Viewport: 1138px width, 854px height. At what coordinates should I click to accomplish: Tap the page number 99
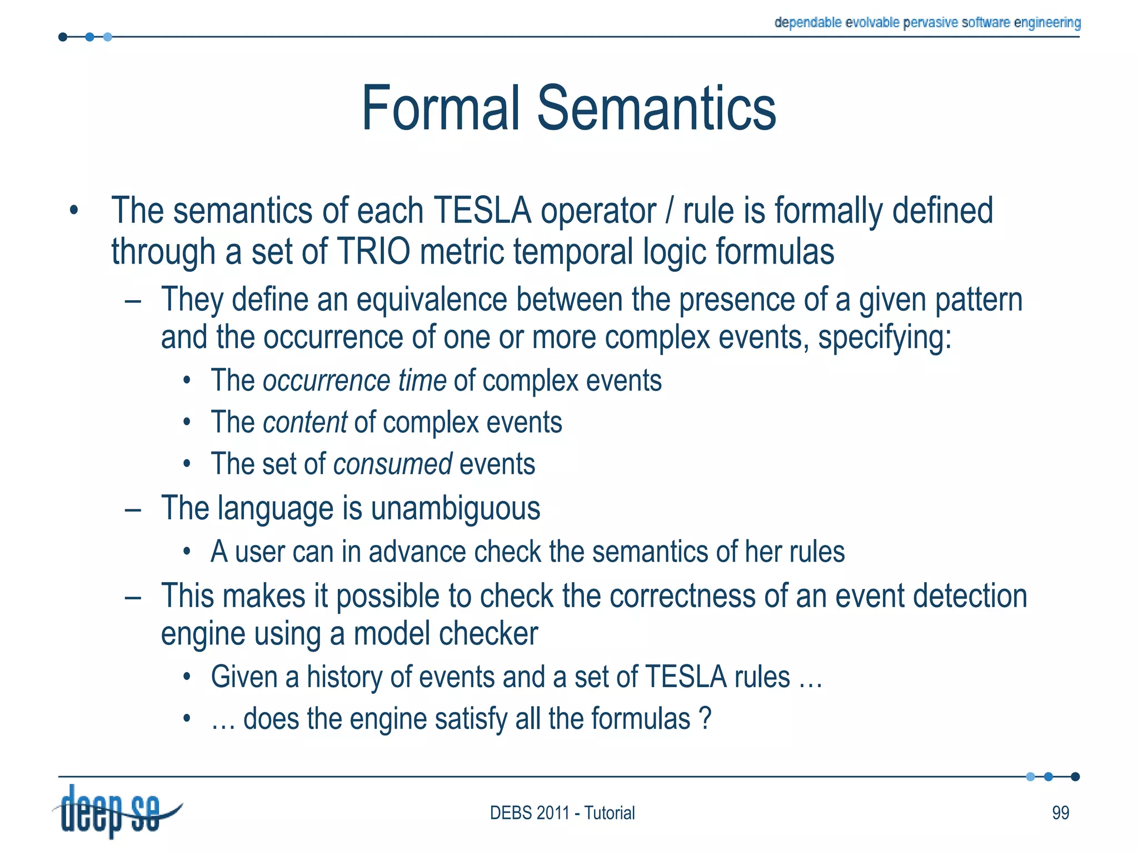(1060, 813)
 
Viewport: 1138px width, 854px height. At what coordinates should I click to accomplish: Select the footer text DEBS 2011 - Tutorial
(562, 813)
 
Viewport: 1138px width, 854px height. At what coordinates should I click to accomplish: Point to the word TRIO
(373, 251)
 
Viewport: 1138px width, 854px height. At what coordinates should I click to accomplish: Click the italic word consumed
(392, 464)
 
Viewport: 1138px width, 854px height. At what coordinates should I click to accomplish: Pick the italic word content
(305, 423)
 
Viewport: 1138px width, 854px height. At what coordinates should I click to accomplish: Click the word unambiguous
(455, 508)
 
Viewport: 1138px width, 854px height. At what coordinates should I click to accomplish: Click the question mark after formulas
(705, 718)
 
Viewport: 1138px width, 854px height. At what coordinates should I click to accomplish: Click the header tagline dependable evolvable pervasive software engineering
(927, 23)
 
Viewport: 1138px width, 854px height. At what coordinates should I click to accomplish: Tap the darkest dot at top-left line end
(63, 37)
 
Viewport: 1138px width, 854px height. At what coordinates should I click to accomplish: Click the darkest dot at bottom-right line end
(1075, 777)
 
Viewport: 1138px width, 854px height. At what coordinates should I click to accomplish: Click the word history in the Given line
(344, 677)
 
